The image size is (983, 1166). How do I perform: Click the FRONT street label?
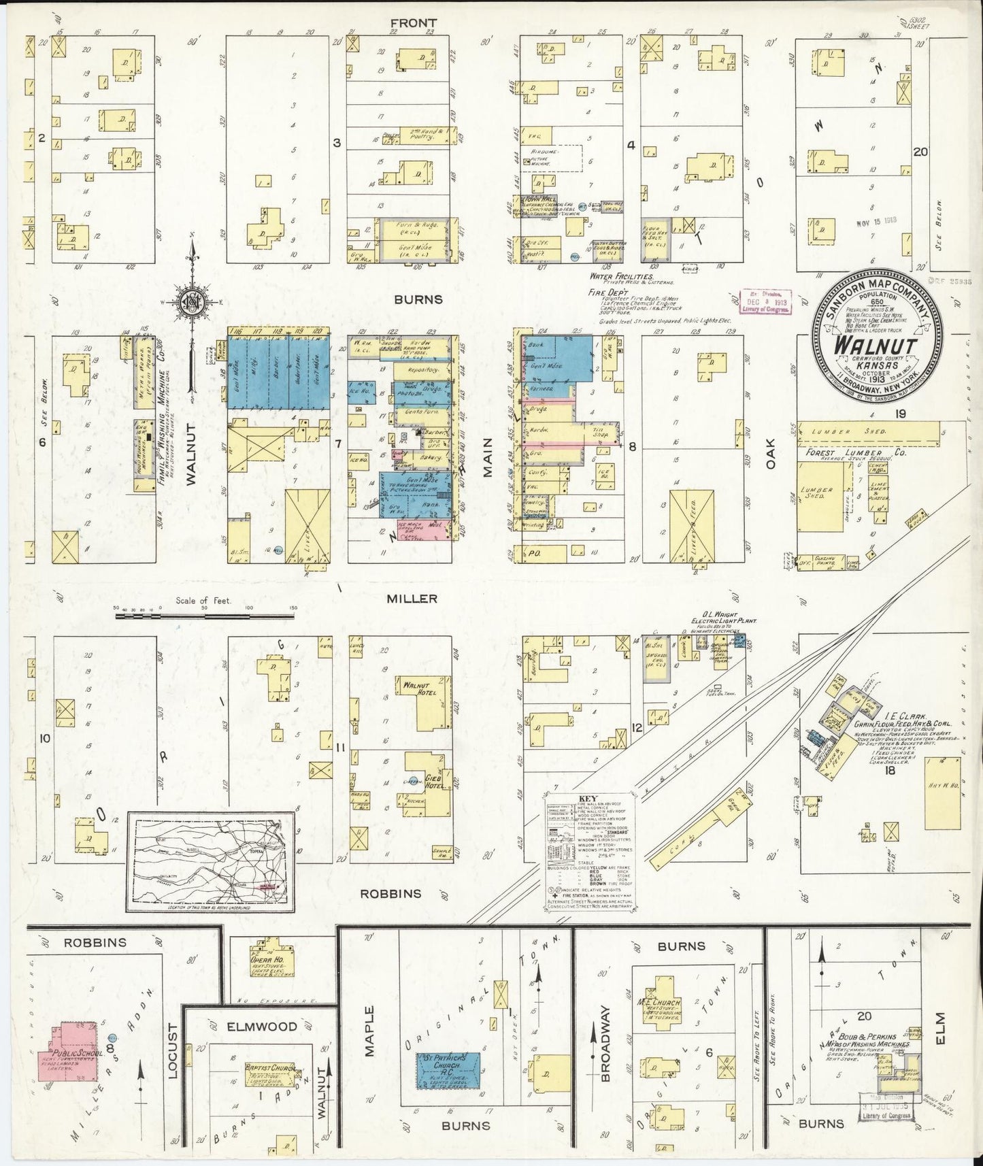413,23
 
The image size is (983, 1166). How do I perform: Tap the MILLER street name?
412,599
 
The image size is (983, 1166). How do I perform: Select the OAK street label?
771,453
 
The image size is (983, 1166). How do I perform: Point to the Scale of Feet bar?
204,616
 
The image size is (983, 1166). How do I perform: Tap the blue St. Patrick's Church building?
448,1072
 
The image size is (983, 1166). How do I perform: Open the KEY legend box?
589,851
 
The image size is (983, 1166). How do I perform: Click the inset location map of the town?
211,861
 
